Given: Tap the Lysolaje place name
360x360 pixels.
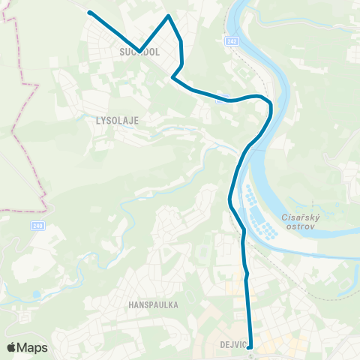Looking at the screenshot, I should (x=118, y=119).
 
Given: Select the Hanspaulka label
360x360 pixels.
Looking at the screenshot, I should (x=152, y=305).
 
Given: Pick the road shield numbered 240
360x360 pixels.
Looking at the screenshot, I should (x=37, y=225).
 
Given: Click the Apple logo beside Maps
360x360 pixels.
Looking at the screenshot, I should (x=12, y=347).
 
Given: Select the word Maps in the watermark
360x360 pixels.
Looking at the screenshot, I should (x=33, y=347).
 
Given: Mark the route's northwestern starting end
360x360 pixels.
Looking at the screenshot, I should (x=89, y=13).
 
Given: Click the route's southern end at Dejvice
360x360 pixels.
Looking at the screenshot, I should (x=250, y=346).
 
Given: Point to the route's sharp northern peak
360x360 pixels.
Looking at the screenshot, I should (x=169, y=16).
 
